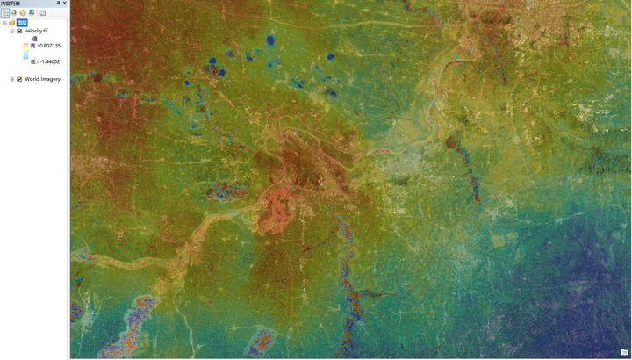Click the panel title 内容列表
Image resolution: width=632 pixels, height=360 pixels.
point(13,4)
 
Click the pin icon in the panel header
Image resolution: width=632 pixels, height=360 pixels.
point(59,4)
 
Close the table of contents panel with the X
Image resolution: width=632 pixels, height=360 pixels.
point(65,4)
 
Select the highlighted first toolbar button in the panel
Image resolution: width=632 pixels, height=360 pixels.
point(5,12)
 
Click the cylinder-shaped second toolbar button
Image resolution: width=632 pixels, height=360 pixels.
point(14,12)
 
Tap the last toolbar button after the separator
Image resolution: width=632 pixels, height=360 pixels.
point(42,12)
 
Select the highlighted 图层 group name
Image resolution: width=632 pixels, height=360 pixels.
point(22,23)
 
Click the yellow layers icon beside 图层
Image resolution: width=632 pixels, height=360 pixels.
point(12,23)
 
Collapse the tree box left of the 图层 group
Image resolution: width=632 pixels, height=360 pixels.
point(4,23)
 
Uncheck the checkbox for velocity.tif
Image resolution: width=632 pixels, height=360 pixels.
point(19,32)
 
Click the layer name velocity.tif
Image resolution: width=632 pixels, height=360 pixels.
point(37,32)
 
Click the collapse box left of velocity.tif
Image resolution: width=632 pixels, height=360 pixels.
point(12,32)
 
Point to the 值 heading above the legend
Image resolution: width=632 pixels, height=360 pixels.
point(34,39)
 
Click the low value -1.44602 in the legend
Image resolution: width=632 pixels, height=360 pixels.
point(46,62)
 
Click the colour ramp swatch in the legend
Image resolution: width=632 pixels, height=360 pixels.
point(26,54)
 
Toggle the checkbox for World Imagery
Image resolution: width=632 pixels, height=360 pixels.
point(19,79)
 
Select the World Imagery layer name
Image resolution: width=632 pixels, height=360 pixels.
point(41,79)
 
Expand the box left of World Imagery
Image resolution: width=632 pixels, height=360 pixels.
point(12,79)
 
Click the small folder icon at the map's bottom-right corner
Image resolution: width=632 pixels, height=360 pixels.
point(624,352)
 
